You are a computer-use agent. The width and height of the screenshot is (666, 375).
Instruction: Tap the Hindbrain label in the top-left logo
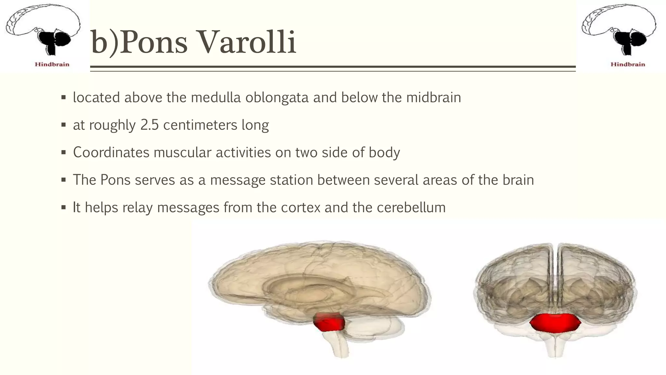(52, 64)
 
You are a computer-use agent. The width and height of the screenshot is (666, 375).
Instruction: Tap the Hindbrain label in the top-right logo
(628, 64)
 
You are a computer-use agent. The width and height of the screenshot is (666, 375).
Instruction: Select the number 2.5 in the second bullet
(149, 125)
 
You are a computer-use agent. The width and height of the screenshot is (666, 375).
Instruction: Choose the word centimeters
(200, 125)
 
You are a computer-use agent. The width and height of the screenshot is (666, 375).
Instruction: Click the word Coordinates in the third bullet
(111, 152)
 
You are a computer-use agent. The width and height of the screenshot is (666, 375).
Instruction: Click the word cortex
(300, 207)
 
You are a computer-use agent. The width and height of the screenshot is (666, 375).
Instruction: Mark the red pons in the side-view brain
(329, 322)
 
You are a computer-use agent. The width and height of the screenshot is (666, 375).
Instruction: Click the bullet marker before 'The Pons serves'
(63, 180)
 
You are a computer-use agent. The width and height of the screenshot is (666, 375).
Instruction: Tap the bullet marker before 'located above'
(63, 98)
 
